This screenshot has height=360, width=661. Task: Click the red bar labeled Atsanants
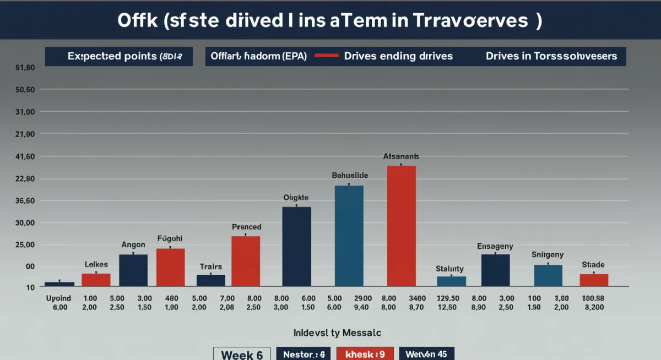pyautogui.click(x=402, y=226)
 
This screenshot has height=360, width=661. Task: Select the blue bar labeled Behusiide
pyautogui.click(x=349, y=236)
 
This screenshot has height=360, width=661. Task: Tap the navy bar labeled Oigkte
pyautogui.click(x=297, y=246)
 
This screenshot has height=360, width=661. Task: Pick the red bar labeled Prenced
pyautogui.click(x=246, y=261)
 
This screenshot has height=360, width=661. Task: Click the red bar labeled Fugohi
pyautogui.click(x=171, y=267)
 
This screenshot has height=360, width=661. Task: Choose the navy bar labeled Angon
pyautogui.click(x=133, y=270)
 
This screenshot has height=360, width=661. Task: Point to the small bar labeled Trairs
pyautogui.click(x=211, y=280)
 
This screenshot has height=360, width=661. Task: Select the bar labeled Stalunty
pyautogui.click(x=451, y=281)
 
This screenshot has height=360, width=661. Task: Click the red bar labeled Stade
pyautogui.click(x=594, y=280)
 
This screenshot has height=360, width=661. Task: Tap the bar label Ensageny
pyautogui.click(x=495, y=247)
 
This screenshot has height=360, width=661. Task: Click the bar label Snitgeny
pyautogui.click(x=548, y=254)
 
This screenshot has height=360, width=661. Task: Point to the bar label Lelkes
pyautogui.click(x=96, y=265)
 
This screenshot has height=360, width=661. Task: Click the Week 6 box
pyautogui.click(x=242, y=354)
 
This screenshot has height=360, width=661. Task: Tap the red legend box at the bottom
pyautogui.click(x=365, y=354)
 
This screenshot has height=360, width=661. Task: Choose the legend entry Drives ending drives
pyautogui.click(x=398, y=56)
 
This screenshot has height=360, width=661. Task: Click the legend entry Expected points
pyautogui.click(x=118, y=56)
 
